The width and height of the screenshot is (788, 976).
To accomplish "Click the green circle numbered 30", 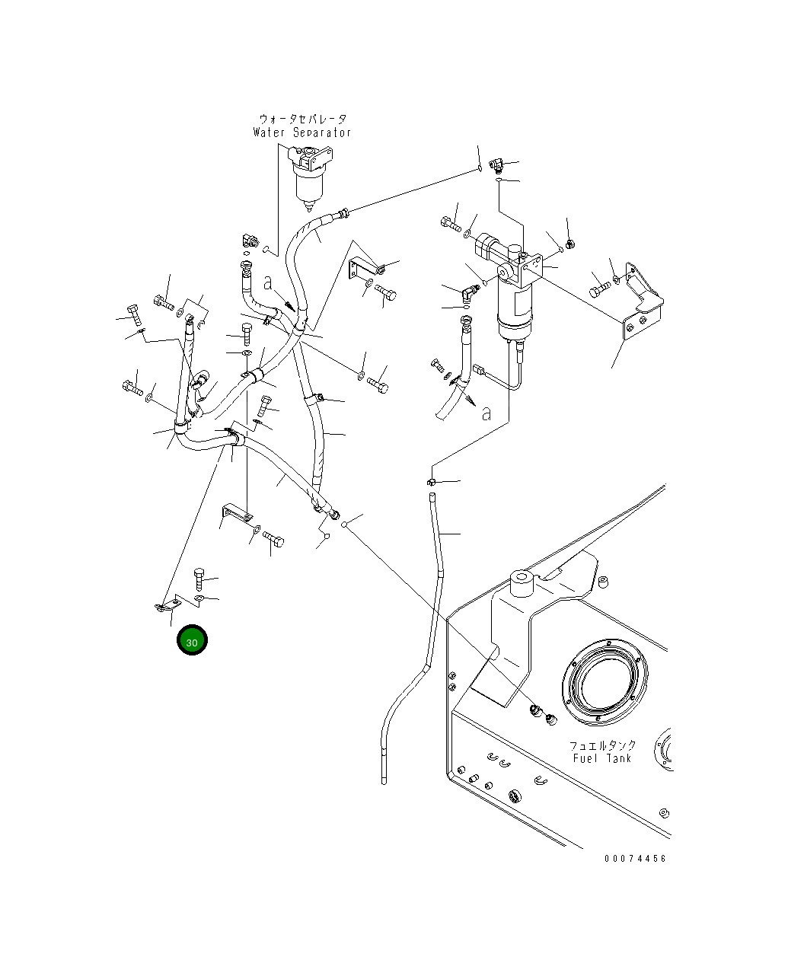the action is tap(192, 640).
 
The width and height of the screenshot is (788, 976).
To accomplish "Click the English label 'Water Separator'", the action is tap(302, 132).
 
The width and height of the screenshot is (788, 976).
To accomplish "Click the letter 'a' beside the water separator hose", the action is tap(267, 284).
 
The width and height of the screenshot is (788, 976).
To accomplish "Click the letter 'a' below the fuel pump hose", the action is tap(486, 413).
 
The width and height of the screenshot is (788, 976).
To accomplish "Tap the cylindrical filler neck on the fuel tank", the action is tap(522, 583).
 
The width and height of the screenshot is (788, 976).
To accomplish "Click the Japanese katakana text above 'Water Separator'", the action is tap(303, 119).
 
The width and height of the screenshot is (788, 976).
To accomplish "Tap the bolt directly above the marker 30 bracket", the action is tap(199, 579).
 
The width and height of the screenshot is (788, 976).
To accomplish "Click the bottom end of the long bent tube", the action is tap(384, 781).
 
